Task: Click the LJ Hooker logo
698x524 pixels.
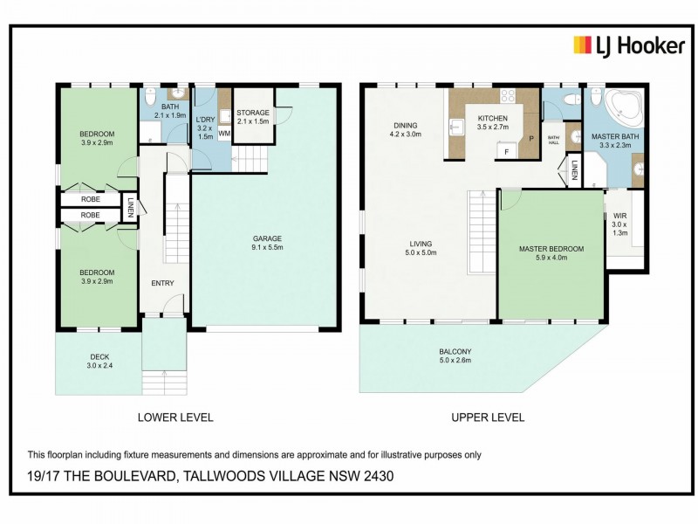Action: point(628,46)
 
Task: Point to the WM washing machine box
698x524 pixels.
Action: point(224,134)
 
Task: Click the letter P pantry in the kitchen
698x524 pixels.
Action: point(530,139)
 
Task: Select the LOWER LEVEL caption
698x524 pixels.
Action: point(175,417)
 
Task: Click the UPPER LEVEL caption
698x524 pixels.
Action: point(488,417)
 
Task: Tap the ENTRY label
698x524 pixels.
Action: point(162,283)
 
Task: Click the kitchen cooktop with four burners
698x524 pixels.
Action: point(508,96)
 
